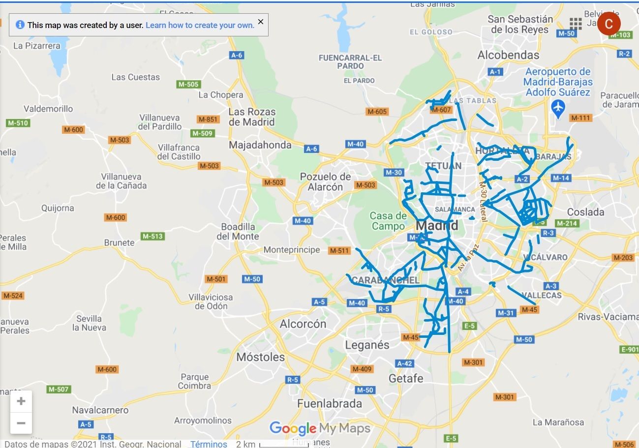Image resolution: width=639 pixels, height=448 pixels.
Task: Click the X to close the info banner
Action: click(x=261, y=22)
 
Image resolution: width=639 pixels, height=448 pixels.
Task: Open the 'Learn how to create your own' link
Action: click(x=200, y=25)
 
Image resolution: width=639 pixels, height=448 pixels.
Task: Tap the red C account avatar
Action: click(x=609, y=24)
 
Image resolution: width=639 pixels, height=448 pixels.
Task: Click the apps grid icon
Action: click(x=576, y=24)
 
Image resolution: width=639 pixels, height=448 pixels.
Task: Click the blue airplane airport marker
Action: click(x=558, y=107)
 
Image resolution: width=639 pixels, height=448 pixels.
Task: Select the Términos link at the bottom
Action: click(x=209, y=444)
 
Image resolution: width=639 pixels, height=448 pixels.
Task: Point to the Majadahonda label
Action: click(x=260, y=145)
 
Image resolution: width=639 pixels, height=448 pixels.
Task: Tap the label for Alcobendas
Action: click(x=508, y=55)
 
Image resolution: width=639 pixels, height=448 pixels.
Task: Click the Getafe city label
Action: click(x=406, y=378)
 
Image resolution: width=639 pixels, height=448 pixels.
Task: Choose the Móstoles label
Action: click(x=261, y=357)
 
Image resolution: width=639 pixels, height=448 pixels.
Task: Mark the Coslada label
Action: click(x=585, y=212)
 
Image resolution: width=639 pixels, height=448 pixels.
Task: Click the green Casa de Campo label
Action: click(x=389, y=221)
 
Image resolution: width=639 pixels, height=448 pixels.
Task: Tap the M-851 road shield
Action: click(x=208, y=119)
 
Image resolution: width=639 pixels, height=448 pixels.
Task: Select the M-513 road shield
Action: click(x=152, y=237)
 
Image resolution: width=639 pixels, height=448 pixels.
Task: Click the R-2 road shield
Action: click(x=624, y=54)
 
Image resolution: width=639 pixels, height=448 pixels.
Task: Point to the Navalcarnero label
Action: click(x=100, y=410)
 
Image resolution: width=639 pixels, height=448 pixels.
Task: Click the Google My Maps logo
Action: click(x=320, y=428)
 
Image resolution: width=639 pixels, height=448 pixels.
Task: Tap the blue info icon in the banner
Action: click(x=20, y=25)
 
